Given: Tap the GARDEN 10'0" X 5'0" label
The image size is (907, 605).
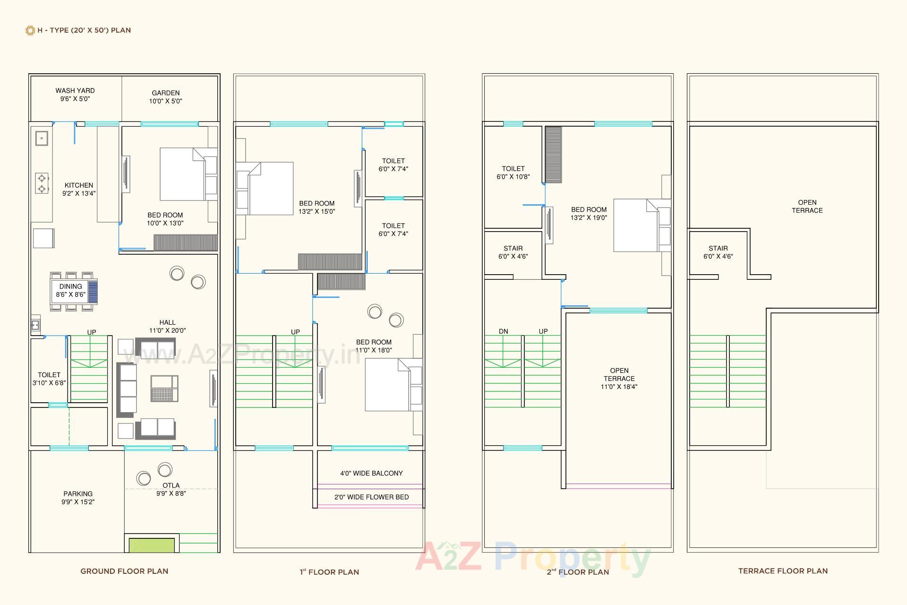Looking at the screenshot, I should point(165,97).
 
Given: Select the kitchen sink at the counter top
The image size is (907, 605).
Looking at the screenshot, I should point(42,138).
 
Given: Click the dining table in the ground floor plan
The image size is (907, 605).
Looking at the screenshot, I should point(71,291).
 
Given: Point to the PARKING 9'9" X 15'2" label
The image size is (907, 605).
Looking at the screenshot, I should point(78,498).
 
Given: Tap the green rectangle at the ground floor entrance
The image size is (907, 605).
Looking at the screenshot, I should point(152,545).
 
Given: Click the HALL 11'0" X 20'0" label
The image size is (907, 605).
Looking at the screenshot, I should point(167,327).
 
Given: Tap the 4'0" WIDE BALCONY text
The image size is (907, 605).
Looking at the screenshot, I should point(371,473).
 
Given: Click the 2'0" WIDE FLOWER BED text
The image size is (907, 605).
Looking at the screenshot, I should point(371,497).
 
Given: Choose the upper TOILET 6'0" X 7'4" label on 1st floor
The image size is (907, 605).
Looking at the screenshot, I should point(393,164).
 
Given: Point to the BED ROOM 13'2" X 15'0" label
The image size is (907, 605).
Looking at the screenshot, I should point(317,207).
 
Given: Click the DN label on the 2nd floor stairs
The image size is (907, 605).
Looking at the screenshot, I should point(504,331).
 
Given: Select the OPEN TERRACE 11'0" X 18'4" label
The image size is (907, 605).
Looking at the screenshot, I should point(619,379).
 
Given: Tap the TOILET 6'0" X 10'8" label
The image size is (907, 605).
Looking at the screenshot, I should point(513,173).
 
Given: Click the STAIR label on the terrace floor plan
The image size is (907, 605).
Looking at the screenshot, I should point(718,252).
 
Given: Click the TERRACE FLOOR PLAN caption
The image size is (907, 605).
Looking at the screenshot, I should point(783,571).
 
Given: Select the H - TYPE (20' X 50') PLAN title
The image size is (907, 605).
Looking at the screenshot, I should point(84,30).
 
